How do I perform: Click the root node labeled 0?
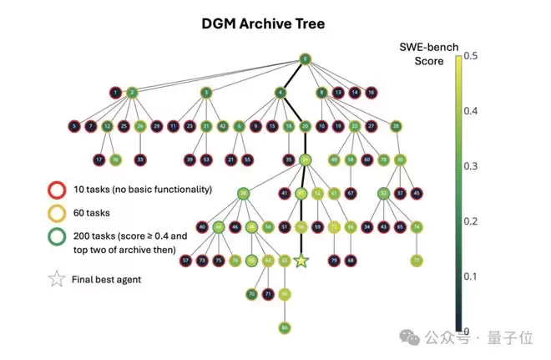point(306,59)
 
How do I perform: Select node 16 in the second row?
point(372,92)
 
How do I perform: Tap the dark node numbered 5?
point(73,126)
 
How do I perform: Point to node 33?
point(140,159)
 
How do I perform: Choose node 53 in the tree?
point(206,159)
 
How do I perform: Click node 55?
point(247,159)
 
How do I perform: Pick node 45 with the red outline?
point(417,193)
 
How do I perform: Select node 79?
point(334,260)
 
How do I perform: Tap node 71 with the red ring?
point(268,293)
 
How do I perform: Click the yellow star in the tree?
point(301,261)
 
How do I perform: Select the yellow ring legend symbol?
point(57,211)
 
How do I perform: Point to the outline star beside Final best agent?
point(57,280)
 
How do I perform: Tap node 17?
point(99,159)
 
